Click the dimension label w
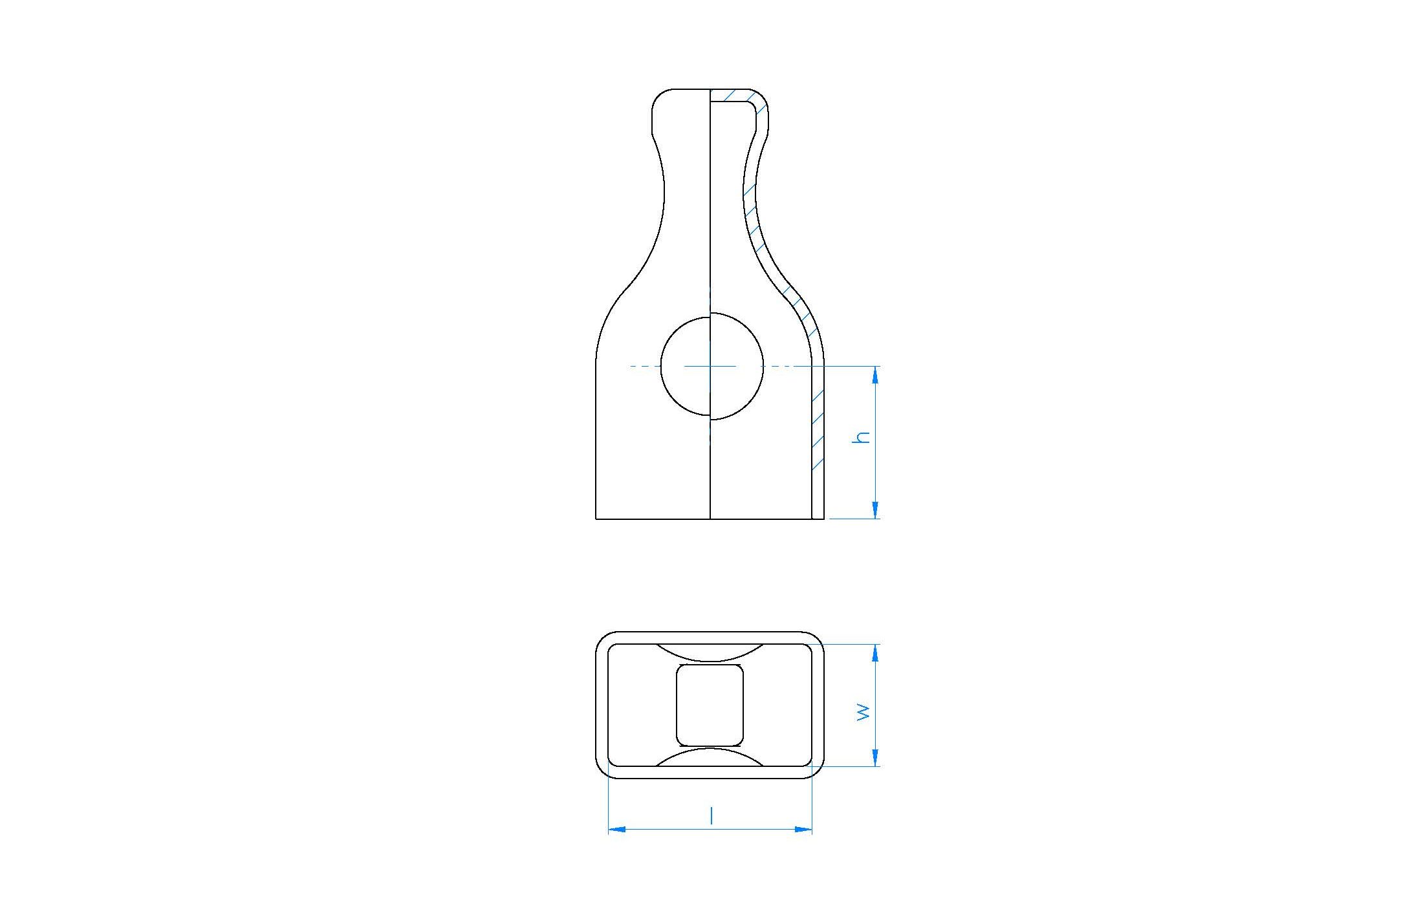coord(864,712)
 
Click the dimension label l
coord(711,815)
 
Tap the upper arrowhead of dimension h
coord(876,375)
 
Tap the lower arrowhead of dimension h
coord(876,510)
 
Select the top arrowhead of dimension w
coord(876,653)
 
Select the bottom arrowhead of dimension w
coord(876,758)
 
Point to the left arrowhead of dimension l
coord(618,829)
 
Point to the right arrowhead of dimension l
coord(803,829)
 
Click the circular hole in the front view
coord(661,366)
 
